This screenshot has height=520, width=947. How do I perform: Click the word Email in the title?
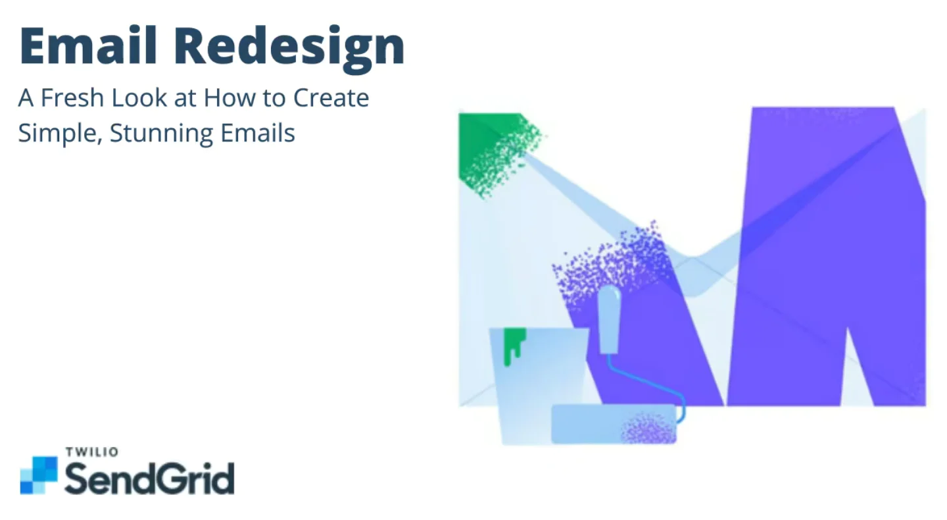tap(88, 45)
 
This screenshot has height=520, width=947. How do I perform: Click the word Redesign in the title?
tap(289, 49)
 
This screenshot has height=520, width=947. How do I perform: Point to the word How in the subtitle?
tap(230, 97)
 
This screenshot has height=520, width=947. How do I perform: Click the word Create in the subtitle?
tap(331, 97)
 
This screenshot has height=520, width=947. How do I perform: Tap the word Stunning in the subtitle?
tap(161, 134)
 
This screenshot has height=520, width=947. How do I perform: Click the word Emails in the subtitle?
tap(258, 133)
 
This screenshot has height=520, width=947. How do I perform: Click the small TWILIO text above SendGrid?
tap(92, 452)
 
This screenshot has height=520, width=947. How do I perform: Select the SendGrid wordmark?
tap(149, 478)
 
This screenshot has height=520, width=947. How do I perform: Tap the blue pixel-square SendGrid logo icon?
tap(39, 475)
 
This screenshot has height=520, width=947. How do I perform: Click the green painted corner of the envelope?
tap(493, 148)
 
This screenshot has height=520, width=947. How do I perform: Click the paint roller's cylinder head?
tap(614, 424)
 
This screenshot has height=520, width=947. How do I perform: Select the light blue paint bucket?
tap(539, 386)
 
